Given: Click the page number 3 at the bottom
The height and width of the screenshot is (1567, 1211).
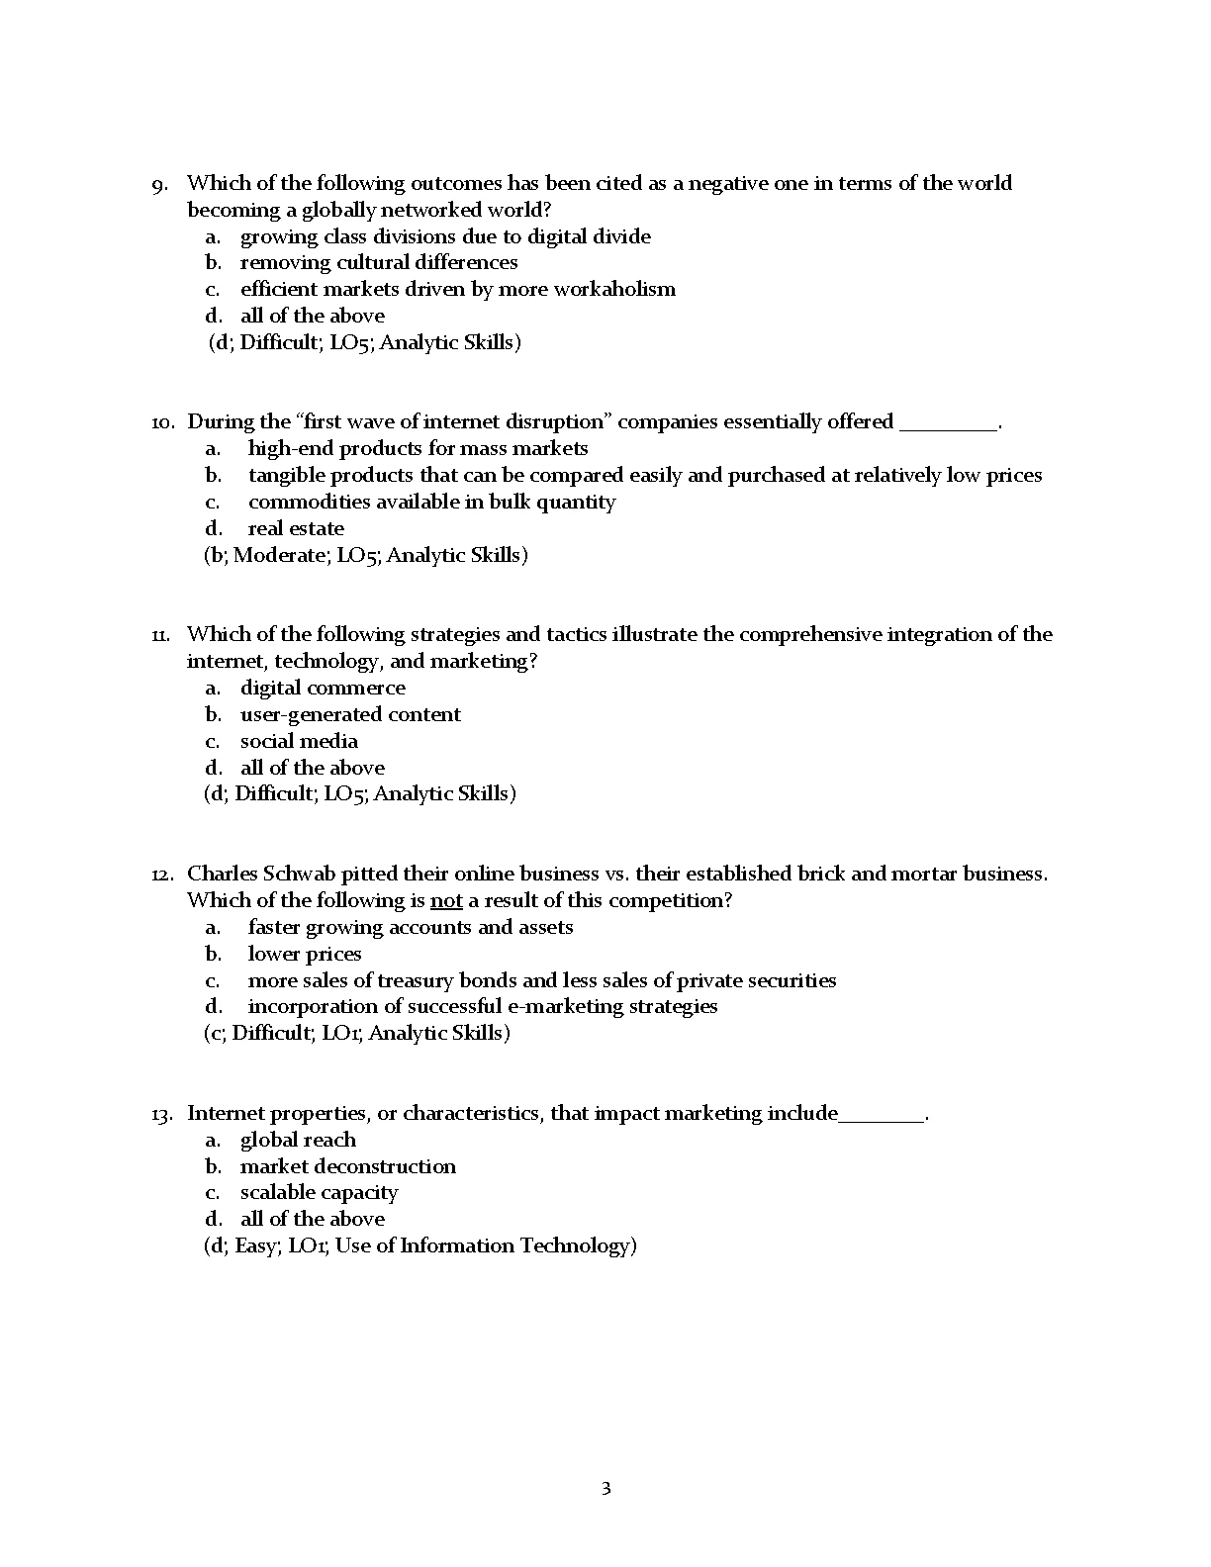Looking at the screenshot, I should [x=605, y=1488].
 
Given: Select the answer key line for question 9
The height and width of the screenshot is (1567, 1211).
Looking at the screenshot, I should [x=364, y=342].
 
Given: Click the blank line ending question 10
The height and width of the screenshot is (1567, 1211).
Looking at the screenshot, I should [x=948, y=423].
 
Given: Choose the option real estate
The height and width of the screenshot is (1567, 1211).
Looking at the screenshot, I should [x=296, y=528].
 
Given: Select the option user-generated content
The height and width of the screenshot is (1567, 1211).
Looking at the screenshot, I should [x=350, y=714].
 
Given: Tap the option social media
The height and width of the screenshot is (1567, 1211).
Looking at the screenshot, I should [x=299, y=741].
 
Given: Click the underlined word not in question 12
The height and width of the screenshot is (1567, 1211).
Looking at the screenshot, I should [x=446, y=900].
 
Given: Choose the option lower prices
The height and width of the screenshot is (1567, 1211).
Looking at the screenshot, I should [x=305, y=954].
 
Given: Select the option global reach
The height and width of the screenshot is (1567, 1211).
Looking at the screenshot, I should [x=298, y=1140].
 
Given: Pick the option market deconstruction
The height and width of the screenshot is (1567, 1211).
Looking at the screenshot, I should [x=348, y=1166].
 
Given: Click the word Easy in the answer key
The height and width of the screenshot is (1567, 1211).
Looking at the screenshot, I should [x=256, y=1245].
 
